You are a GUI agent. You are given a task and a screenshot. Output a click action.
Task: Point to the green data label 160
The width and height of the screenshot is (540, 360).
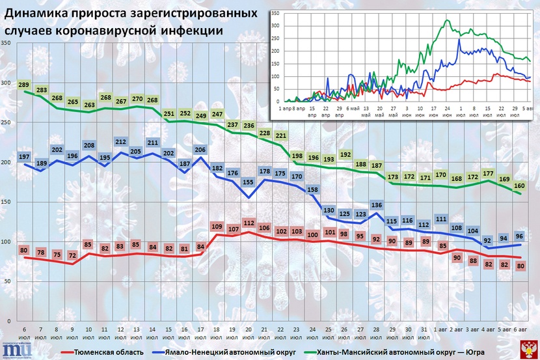pyautogui.click(x=519, y=186)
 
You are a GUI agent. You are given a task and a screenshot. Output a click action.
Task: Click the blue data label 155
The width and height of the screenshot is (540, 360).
pyautogui.click(x=247, y=183)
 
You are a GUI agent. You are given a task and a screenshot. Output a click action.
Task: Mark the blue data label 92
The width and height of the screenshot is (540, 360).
pyautogui.click(x=487, y=240)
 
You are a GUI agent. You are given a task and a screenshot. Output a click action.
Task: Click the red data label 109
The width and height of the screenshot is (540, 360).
pyautogui.click(x=216, y=227)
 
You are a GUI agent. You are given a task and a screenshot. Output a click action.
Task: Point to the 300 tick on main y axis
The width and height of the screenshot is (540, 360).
pyautogui.click(x=7, y=83)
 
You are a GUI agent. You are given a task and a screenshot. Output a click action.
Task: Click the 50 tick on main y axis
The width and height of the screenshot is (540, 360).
pyautogui.click(x=8, y=281)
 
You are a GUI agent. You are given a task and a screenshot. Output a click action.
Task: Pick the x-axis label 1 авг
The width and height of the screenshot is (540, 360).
pyautogui.click(x=441, y=335)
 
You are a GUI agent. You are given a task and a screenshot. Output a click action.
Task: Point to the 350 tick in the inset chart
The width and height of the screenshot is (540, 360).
pyautogui.click(x=276, y=14)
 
